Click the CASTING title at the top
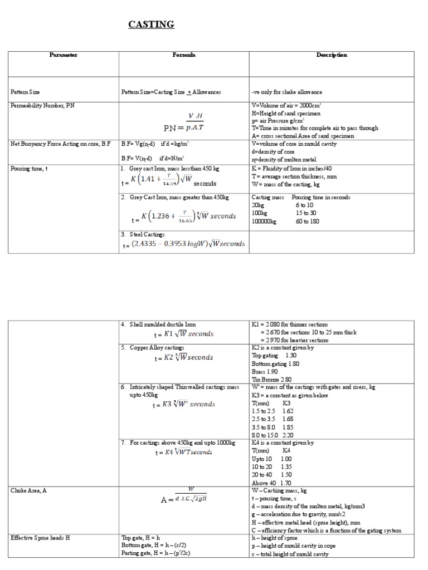coord(152,24)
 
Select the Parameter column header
coord(63,55)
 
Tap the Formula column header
coord(183,55)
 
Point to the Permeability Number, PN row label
coord(41,105)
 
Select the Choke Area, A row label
coord(30,491)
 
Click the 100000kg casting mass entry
coord(264,221)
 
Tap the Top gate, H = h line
coord(140,538)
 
